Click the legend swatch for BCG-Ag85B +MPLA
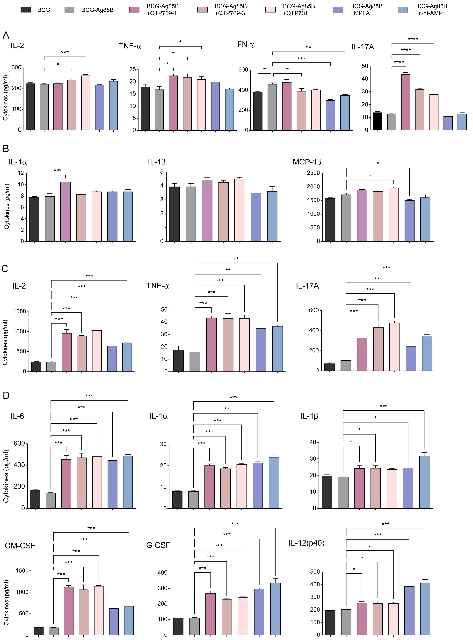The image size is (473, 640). pyautogui.click(x=338, y=10)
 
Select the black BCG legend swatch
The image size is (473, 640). pyautogui.click(x=26, y=10)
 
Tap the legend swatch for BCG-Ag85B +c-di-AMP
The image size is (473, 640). pyautogui.click(x=403, y=10)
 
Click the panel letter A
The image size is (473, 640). pyautogui.click(x=6, y=35)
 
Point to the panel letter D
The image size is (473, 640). pyautogui.click(x=6, y=395)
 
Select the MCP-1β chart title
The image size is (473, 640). pyautogui.click(x=307, y=162)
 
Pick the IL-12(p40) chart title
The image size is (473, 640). pyautogui.click(x=306, y=543)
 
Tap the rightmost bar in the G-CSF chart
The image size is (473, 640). pyautogui.click(x=275, y=609)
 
